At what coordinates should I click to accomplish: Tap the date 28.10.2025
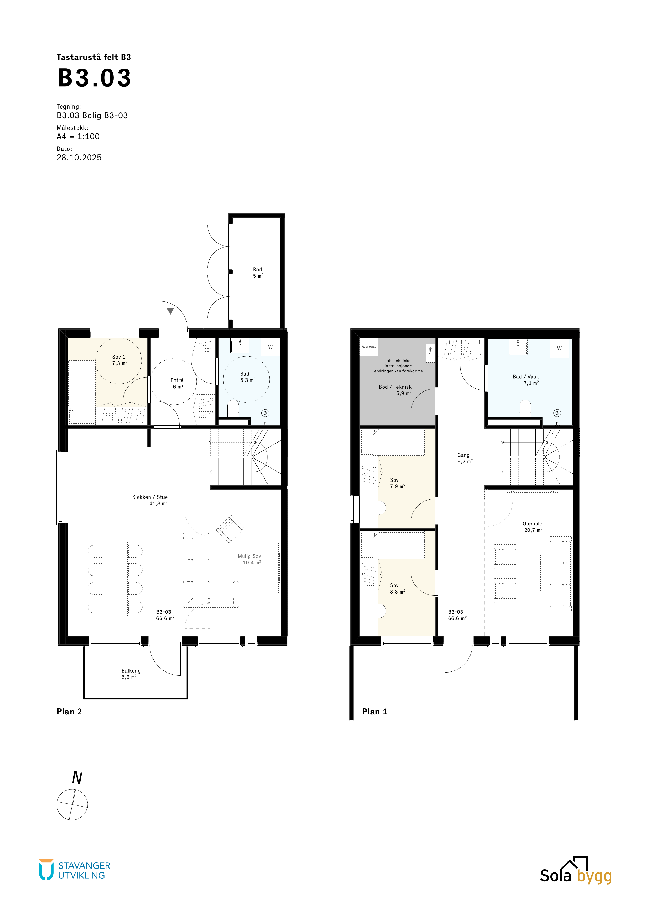pyautogui.click(x=79, y=158)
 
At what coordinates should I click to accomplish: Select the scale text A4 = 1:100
pyautogui.click(x=78, y=136)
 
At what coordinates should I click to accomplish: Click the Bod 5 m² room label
pyautogui.click(x=258, y=273)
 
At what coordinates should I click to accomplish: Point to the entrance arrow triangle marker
pyautogui.click(x=171, y=311)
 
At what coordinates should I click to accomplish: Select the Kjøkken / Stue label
pyautogui.click(x=150, y=497)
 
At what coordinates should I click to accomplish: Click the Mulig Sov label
pyautogui.click(x=249, y=556)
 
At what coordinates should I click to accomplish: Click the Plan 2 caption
pyautogui.click(x=69, y=712)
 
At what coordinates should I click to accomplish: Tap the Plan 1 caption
pyautogui.click(x=375, y=712)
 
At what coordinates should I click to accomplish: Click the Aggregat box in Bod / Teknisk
pyautogui.click(x=369, y=347)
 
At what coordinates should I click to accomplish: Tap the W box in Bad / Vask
pyautogui.click(x=559, y=349)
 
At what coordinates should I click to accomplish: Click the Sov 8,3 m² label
pyautogui.click(x=397, y=589)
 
